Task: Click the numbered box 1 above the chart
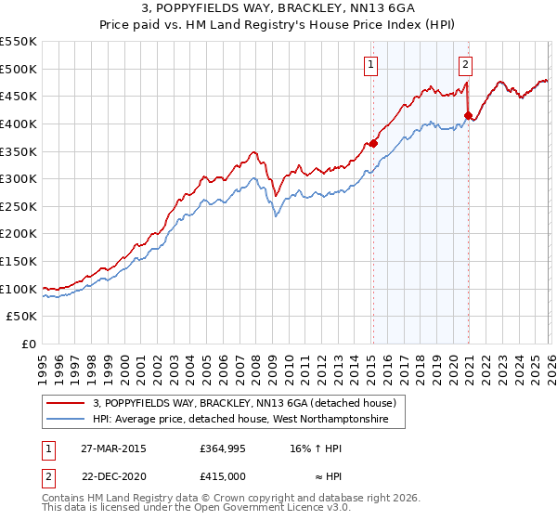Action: point(371,65)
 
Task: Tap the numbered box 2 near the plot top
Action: point(465,65)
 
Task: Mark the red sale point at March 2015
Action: point(373,143)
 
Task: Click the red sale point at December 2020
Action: point(468,115)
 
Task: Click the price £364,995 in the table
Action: point(221,448)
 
